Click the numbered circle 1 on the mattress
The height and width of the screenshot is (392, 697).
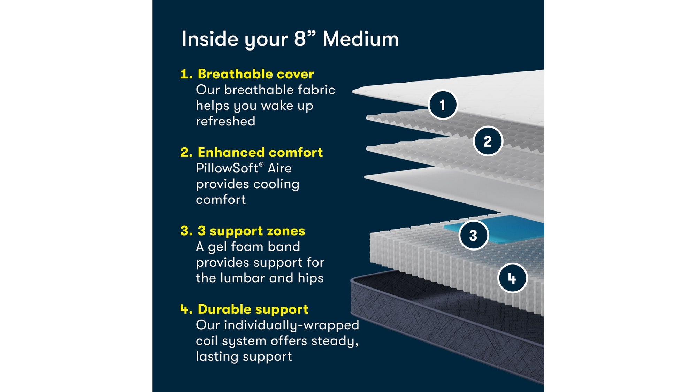443,105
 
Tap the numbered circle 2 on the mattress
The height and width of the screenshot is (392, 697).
488,141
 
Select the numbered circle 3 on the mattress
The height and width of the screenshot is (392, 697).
473,235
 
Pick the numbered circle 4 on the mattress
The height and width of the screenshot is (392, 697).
512,278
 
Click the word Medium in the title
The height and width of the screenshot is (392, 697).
361,39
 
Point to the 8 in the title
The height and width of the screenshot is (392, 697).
300,39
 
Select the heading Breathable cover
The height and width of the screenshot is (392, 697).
255,74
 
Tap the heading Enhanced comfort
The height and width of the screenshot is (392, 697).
260,152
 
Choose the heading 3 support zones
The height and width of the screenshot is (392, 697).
251,231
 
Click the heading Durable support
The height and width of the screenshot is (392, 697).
253,309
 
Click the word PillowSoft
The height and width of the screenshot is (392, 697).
227,168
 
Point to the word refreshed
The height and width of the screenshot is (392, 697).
225,121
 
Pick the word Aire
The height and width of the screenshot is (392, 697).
279,168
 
